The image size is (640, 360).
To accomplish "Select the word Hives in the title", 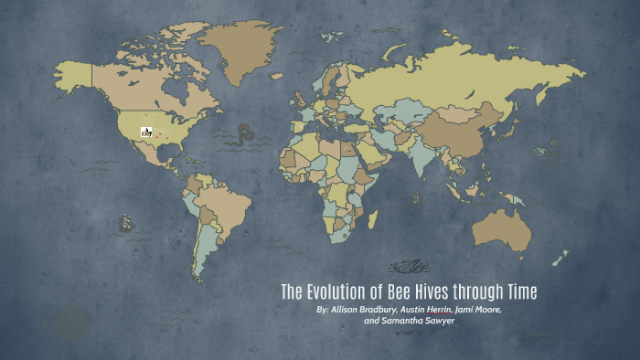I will tap(435, 292).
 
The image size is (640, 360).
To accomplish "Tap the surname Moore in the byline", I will tap(486, 310).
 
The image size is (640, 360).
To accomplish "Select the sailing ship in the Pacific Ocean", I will tap(125, 222).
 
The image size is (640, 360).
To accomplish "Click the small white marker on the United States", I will tap(146, 132).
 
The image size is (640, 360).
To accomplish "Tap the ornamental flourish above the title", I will tap(410, 268).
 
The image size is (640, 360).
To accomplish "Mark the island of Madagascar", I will tap(373, 219).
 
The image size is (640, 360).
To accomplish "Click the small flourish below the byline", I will tap(410, 333).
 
